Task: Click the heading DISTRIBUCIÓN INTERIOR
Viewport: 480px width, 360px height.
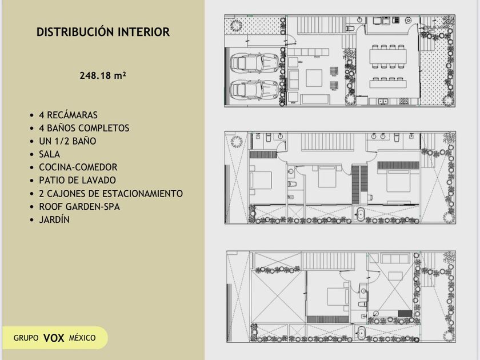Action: tap(103, 32)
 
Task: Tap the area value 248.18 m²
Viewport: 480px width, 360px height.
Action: tap(103, 75)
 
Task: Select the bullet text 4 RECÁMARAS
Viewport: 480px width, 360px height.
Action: tap(68, 115)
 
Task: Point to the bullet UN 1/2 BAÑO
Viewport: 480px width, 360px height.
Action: tap(67, 141)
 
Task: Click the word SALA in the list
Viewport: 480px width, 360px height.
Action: tap(49, 154)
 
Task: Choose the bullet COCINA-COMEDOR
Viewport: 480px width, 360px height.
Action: tap(78, 167)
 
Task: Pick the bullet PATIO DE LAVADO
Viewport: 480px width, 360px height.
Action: tap(78, 181)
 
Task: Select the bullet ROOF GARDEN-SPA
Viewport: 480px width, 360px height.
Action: tap(79, 207)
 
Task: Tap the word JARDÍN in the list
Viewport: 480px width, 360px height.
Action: tap(54, 220)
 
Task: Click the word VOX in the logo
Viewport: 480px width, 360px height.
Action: tap(54, 338)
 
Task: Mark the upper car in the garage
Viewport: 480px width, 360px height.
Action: tap(255, 63)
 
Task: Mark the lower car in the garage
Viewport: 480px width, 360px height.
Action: tap(255, 90)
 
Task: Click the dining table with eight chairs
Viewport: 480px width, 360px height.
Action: tap(388, 57)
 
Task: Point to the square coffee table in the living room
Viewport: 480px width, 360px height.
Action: tap(314, 78)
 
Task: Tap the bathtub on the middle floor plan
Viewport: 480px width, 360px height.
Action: tap(361, 214)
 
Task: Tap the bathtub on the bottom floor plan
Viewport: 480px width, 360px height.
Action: tap(361, 333)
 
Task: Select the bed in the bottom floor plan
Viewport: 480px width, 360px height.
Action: tap(338, 297)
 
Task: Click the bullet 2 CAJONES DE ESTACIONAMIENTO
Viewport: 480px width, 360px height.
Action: tap(111, 194)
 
